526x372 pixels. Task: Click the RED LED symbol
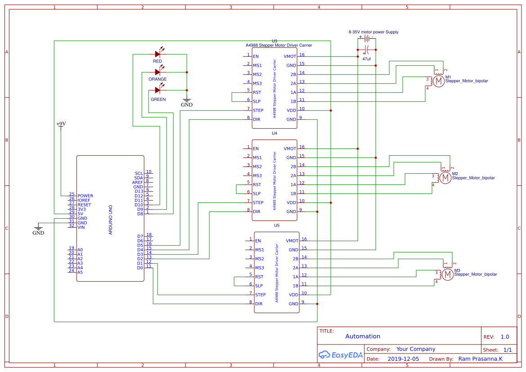tap(158, 54)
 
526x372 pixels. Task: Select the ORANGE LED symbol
tap(158, 72)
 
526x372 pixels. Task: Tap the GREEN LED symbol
tap(158, 90)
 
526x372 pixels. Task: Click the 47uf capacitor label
tap(366, 59)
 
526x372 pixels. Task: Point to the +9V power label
tap(61, 124)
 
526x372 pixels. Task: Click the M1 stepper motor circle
tap(438, 81)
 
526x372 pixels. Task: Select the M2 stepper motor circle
tap(445, 178)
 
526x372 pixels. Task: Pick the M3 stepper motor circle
tap(447, 274)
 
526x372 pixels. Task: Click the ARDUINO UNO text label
tap(111, 220)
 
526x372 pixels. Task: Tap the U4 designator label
tap(274, 133)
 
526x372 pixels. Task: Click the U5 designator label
tap(276, 225)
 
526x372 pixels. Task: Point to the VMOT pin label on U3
tap(290, 57)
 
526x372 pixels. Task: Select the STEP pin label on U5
tap(260, 295)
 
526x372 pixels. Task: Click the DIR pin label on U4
tap(256, 212)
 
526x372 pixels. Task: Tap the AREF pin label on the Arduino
tap(137, 183)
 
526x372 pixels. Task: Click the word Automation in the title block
tap(363, 336)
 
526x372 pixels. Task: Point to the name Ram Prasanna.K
tap(480, 359)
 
